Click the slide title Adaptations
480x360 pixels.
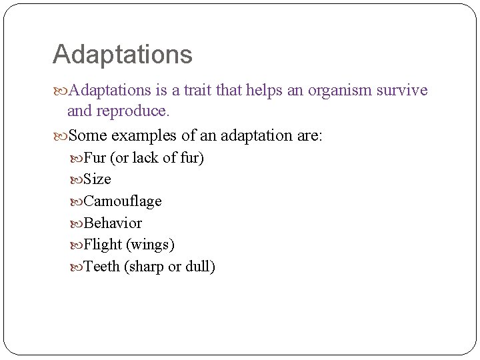click(122, 55)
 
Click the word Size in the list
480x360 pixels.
click(97, 179)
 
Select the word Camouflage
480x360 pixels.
click(123, 201)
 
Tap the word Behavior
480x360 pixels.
click(113, 223)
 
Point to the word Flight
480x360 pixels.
click(103, 245)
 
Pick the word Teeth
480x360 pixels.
click(101, 267)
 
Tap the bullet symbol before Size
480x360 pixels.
click(77, 180)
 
